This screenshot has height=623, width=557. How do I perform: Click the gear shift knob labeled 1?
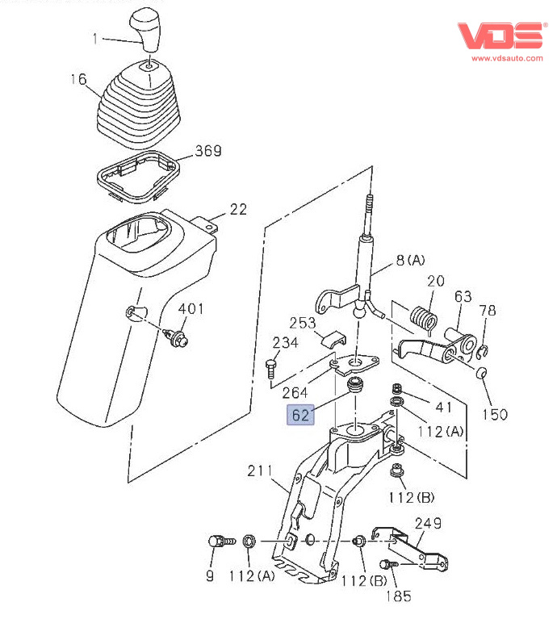coord(148,27)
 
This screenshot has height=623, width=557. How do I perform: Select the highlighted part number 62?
coord(300,416)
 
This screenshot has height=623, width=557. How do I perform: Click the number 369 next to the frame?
coord(208,152)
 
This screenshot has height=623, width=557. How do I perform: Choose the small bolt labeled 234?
coord(270,370)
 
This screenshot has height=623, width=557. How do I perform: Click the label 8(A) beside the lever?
coord(410,260)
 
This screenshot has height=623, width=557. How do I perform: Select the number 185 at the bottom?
coord(398,596)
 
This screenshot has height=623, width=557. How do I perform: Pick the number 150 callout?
coord(495,414)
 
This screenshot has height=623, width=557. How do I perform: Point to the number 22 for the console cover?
coord(238,209)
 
